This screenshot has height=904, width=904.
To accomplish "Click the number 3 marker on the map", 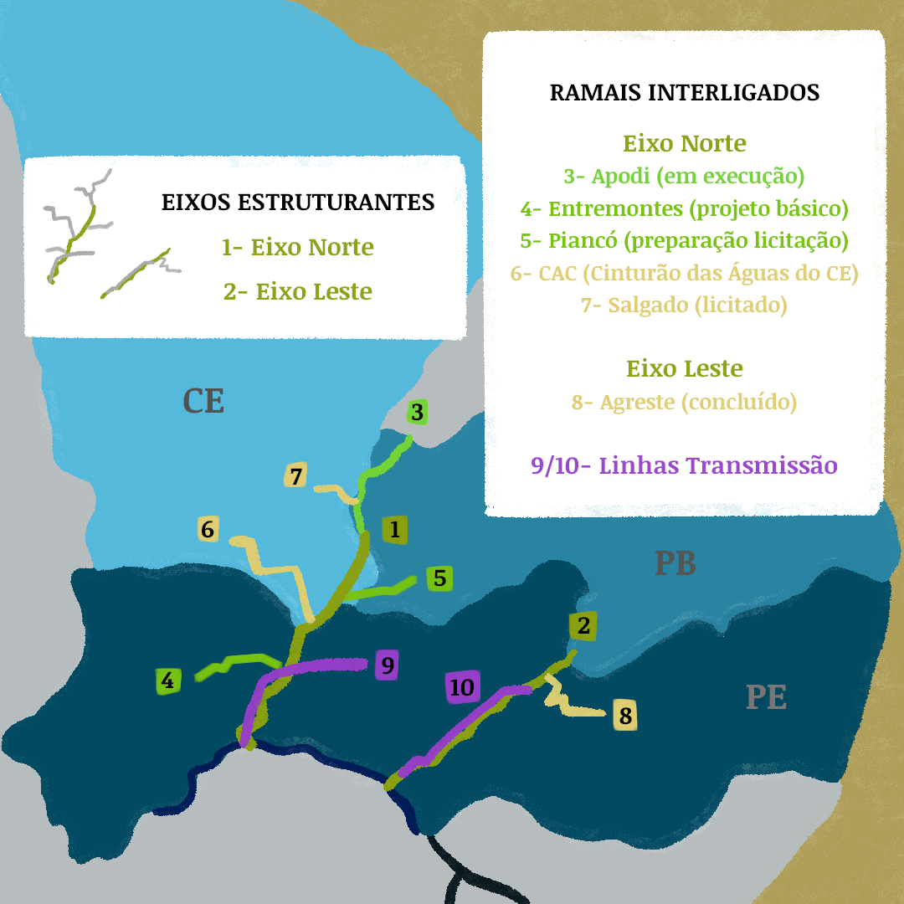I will tap(418, 412).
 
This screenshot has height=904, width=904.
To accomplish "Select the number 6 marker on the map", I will tap(208, 529).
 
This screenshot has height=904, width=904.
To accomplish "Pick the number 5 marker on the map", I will tap(440, 578).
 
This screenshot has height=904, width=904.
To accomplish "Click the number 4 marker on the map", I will tap(168, 681).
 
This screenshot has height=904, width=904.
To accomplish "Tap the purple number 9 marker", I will tap(386, 665).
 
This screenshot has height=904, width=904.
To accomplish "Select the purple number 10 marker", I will tap(461, 687).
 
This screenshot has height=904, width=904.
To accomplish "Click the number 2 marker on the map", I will tap(583, 625).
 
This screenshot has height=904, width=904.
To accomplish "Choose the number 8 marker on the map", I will tap(625, 716).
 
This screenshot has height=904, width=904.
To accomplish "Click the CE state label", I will tap(203, 402).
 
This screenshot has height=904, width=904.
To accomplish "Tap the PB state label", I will tap(675, 564).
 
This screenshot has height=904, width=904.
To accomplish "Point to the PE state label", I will tap(766, 697).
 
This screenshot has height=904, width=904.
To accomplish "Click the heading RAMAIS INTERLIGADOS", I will tap(684, 92).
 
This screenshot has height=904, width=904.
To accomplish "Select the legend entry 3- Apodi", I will tap(683, 177).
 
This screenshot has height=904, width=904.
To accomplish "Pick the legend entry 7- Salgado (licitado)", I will tap(683, 306).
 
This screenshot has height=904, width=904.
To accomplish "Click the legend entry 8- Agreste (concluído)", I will tap(683, 403).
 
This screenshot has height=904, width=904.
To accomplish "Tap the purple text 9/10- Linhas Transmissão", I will tap(684, 465).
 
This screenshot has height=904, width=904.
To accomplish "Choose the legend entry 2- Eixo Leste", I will tap(297, 291).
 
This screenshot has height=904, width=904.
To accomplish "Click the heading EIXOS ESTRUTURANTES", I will tap(298, 203).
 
